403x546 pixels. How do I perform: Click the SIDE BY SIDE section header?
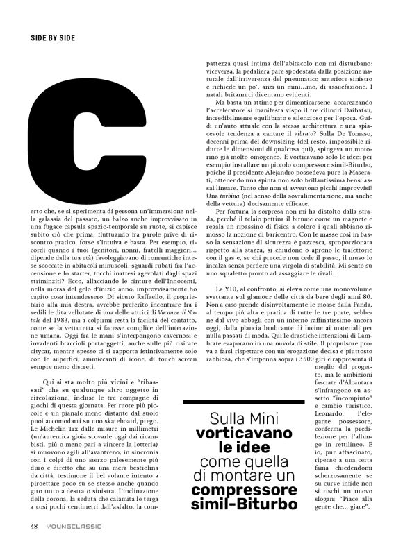(x=53, y=36)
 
